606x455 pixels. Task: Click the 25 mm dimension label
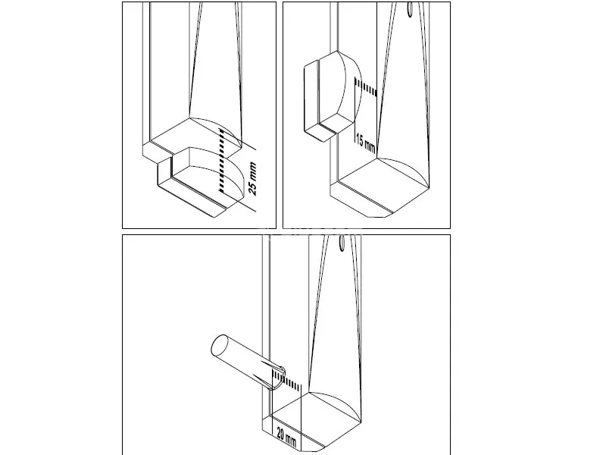(x=252, y=178)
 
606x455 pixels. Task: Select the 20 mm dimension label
(x=286, y=438)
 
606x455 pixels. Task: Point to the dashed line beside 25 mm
(x=221, y=160)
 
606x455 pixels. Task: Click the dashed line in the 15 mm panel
(x=366, y=86)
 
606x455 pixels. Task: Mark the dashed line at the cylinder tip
(x=286, y=380)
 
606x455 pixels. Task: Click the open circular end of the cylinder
(x=219, y=346)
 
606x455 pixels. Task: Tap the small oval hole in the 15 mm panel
(x=411, y=8)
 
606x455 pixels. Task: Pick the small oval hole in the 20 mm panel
(x=342, y=243)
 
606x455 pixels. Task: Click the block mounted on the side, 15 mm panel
(x=333, y=96)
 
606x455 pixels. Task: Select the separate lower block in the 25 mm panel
(x=201, y=181)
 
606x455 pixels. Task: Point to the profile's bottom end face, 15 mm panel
(x=381, y=187)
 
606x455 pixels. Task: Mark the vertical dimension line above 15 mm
(x=355, y=112)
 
